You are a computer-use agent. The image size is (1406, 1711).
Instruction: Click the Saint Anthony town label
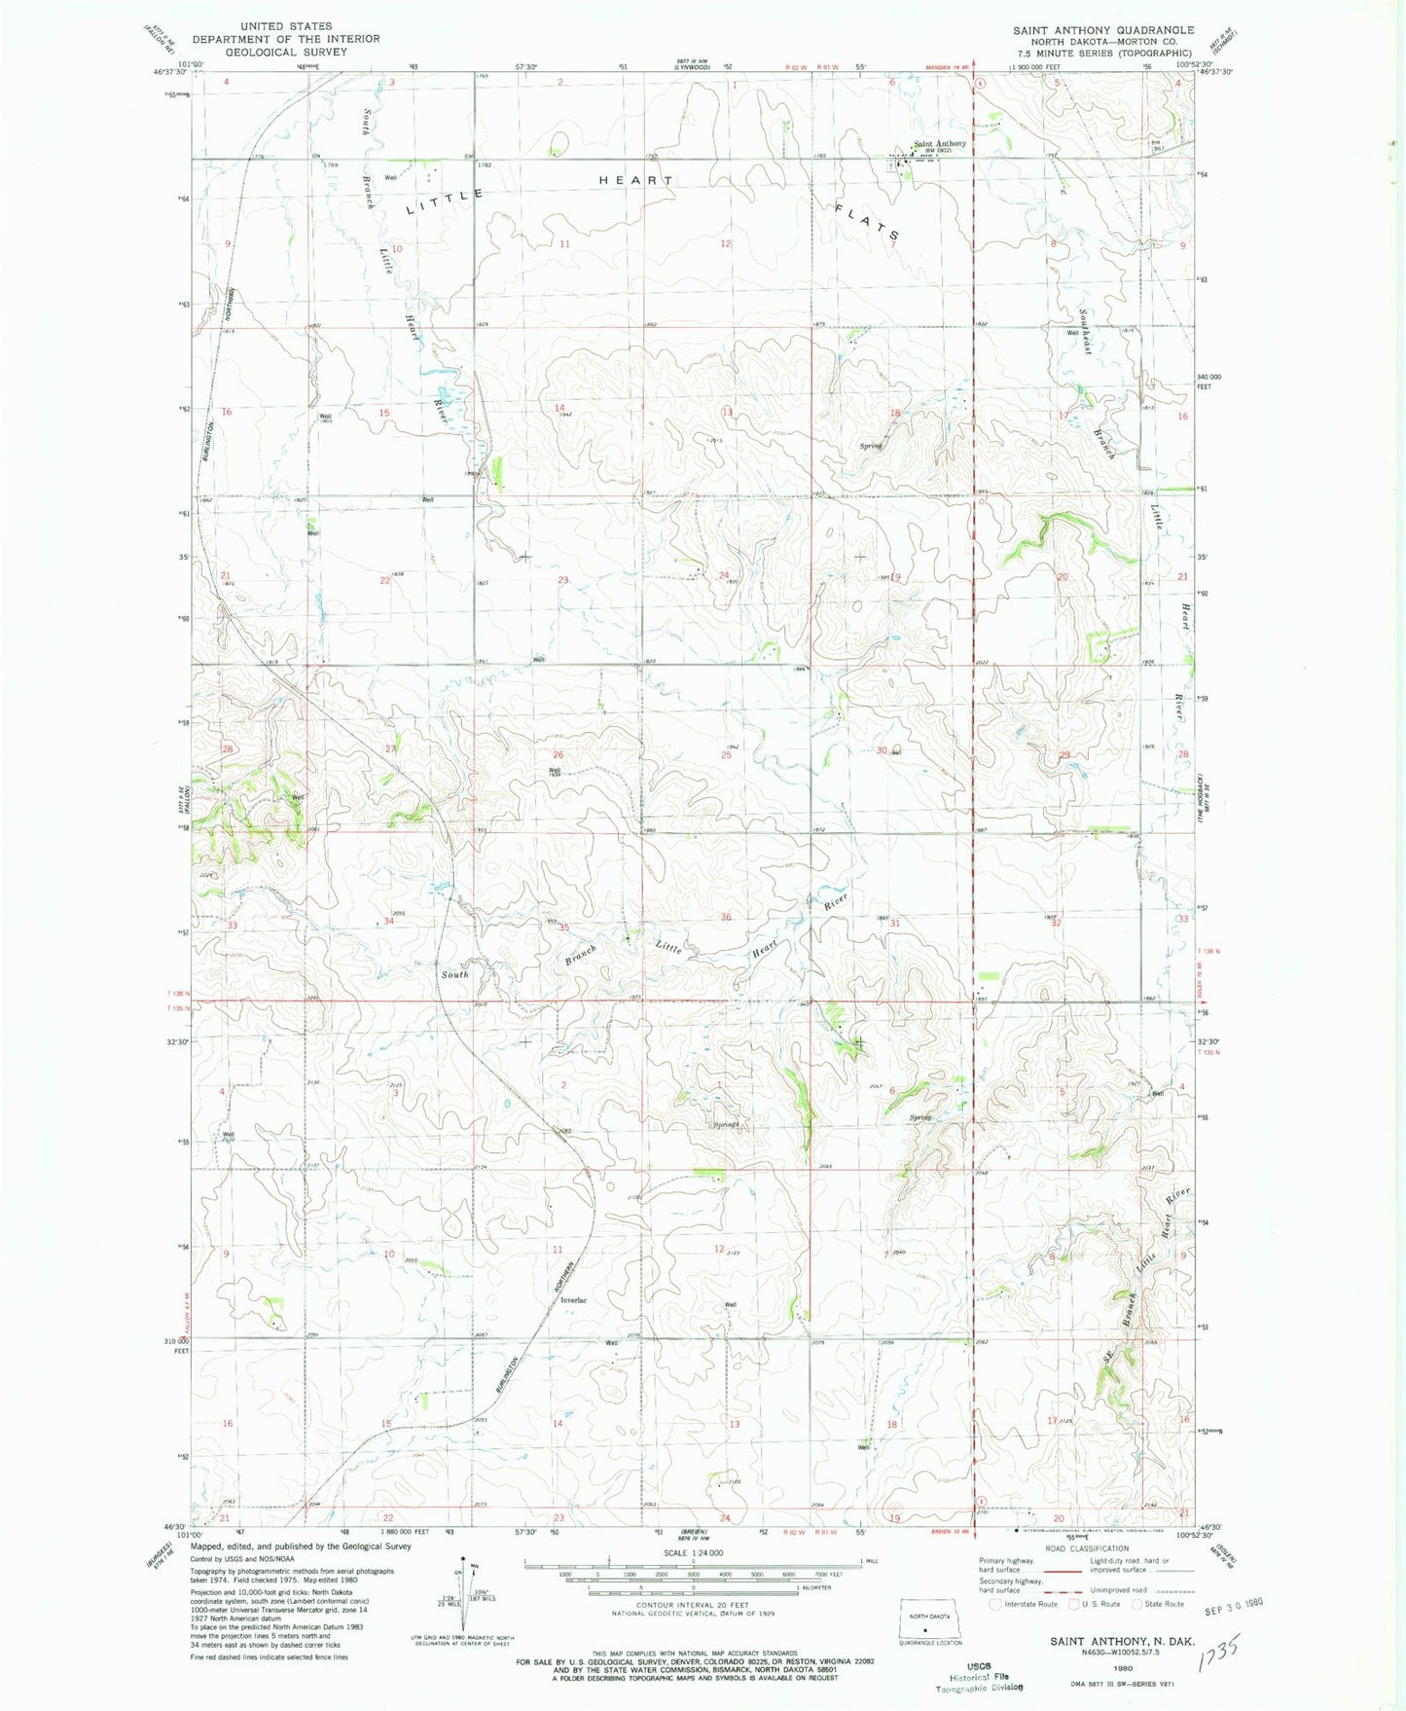[x=940, y=143]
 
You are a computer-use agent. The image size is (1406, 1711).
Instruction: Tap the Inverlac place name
[x=573, y=1300]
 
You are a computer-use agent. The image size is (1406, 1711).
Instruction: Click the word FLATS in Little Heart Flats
[x=867, y=221]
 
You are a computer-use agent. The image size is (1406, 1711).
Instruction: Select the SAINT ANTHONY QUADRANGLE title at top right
[x=1103, y=30]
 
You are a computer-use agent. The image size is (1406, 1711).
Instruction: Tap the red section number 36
[x=726, y=917]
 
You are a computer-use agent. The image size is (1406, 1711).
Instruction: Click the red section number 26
[x=559, y=754]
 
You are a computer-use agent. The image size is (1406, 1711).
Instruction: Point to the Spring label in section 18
[x=870, y=446]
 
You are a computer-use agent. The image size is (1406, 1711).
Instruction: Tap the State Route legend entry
[x=1163, y=1604]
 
